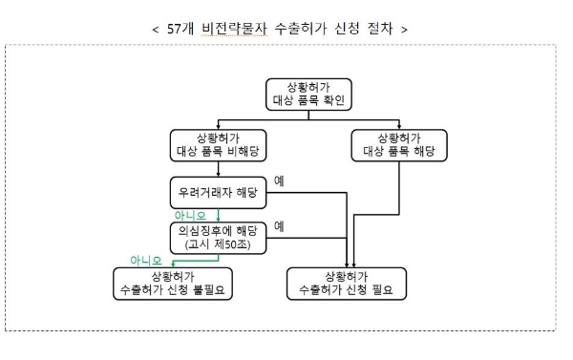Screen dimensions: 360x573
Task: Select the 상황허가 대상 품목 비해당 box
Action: coord(219,144)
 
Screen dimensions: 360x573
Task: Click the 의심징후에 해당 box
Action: coord(219,235)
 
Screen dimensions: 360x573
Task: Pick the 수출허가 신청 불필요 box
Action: coord(173,283)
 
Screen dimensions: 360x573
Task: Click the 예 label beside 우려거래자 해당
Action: coord(280,180)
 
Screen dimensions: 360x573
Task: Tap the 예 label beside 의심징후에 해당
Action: coord(280,226)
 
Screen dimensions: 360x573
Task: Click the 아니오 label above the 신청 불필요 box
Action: coord(146,258)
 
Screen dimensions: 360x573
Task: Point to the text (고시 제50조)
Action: coord(219,243)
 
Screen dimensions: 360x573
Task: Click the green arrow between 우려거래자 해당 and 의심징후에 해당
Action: coord(219,214)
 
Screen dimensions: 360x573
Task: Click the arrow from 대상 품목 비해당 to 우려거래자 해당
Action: coord(219,169)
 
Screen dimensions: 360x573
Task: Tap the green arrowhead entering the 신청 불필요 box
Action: coord(172,263)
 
